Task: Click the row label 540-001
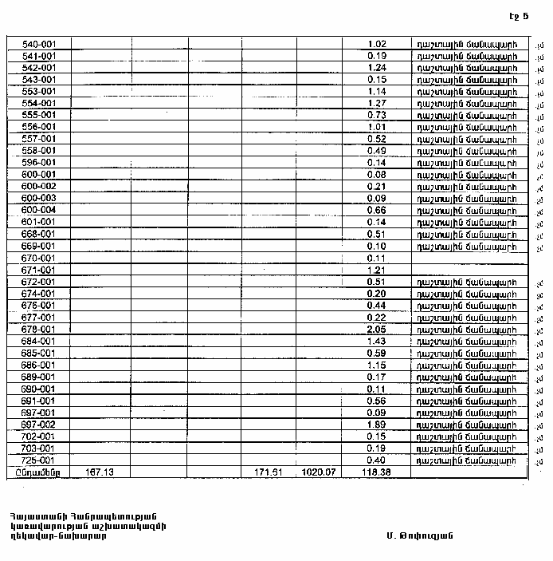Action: (38, 44)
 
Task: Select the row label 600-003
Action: (38, 198)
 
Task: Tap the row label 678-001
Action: (38, 329)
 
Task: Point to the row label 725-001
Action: (38, 460)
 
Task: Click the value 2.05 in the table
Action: (377, 329)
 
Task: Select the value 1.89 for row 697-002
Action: (377, 425)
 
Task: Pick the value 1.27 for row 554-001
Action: (377, 103)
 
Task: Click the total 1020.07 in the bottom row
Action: (319, 472)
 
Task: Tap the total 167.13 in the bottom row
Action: (100, 472)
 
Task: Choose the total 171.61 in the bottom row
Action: (269, 472)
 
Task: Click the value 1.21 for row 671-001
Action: (377, 270)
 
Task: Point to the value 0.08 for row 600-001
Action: (377, 174)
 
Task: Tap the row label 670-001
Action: (38, 258)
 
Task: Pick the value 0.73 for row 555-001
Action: (377, 115)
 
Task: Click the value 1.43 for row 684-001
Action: (377, 341)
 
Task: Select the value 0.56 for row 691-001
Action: (377, 401)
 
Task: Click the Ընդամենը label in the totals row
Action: (37, 472)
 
